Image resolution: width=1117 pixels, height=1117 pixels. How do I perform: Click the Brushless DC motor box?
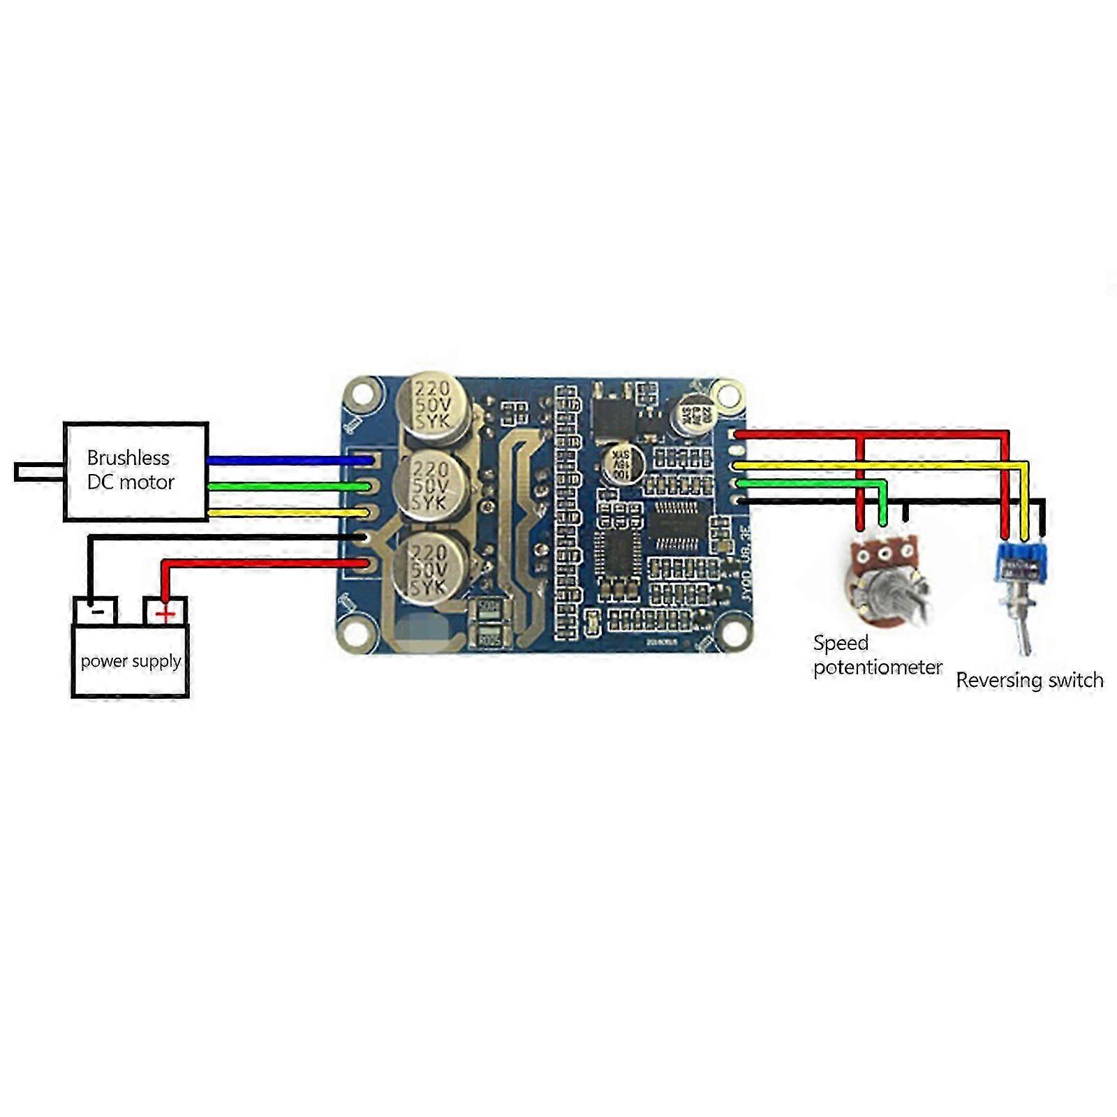[x=136, y=471]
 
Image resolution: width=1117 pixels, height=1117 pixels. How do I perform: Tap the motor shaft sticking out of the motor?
[x=39, y=472]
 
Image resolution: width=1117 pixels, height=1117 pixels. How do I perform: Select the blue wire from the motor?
[x=286, y=460]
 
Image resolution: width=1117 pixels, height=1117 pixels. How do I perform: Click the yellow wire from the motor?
[x=286, y=513]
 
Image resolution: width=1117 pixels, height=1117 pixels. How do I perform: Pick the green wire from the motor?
[x=286, y=487]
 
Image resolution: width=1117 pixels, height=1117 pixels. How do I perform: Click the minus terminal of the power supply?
[x=96, y=611]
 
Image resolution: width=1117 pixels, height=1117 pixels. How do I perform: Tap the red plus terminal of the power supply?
[x=165, y=612]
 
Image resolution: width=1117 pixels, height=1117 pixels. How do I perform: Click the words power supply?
[x=131, y=660]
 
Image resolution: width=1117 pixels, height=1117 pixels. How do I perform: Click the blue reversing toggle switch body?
[x=1021, y=563]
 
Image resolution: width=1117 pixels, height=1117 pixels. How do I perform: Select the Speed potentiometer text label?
[x=877, y=655]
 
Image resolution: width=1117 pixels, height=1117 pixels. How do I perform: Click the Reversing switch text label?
[x=1029, y=680]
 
